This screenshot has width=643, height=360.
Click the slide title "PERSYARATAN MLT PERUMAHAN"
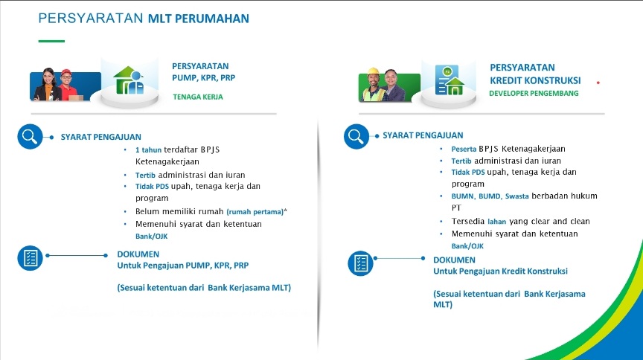tap(143, 18)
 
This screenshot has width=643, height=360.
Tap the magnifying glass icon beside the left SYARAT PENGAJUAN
tap(30, 137)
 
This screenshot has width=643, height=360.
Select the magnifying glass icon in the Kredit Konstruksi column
tap(355, 136)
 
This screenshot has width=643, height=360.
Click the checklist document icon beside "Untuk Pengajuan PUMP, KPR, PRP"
tap(30, 257)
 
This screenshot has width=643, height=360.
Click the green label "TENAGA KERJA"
tap(197, 97)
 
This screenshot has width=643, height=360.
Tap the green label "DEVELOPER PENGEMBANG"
tap(534, 94)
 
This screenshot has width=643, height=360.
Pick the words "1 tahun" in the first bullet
tap(148, 150)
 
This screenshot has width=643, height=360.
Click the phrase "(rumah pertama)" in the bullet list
tap(255, 212)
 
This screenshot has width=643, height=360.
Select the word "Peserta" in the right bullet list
tap(465, 149)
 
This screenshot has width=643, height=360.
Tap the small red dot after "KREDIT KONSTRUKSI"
tap(598, 82)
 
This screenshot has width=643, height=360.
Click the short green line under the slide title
tap(51, 41)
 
